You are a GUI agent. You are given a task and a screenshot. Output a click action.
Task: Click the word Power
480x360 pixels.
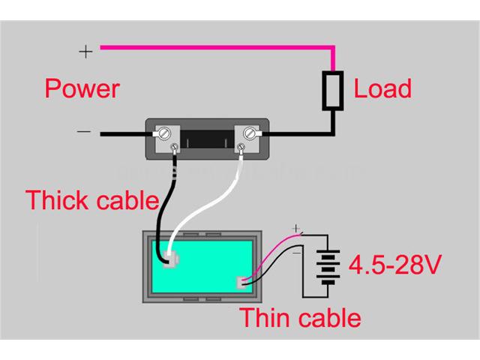tap(82, 88)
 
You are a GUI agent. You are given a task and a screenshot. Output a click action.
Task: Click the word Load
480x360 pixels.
tap(382, 88)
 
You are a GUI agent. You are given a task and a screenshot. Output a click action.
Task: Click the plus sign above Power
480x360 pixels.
tap(86, 51)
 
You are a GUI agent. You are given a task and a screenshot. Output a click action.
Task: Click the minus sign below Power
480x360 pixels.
tap(84, 132)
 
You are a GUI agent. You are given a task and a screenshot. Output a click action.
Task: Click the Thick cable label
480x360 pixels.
tap(92, 200)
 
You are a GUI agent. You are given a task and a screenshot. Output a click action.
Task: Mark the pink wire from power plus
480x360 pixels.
tap(217, 47)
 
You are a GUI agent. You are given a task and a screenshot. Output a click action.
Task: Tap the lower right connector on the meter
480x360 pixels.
tap(243, 283)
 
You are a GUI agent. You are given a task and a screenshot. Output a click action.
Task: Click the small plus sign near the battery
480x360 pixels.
tap(296, 227)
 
